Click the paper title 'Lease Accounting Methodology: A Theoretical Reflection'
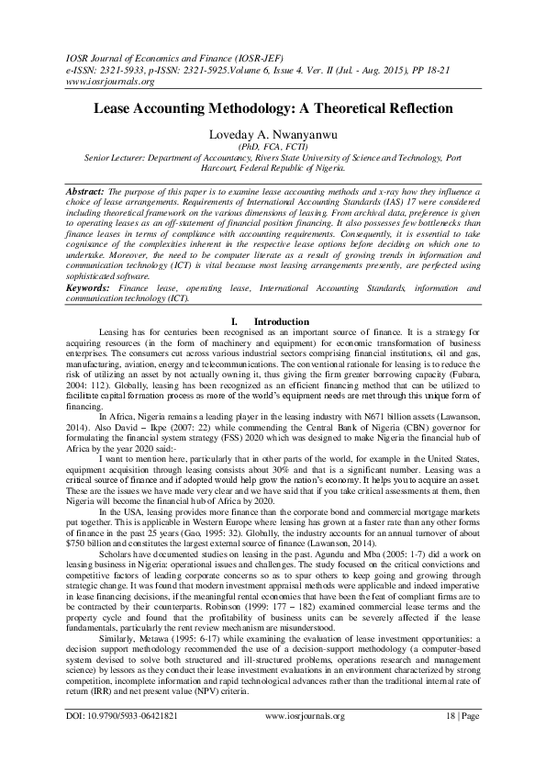pos(273,108)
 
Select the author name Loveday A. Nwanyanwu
pos(273,134)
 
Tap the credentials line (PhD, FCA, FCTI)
pos(273,147)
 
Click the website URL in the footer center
pos(304,742)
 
